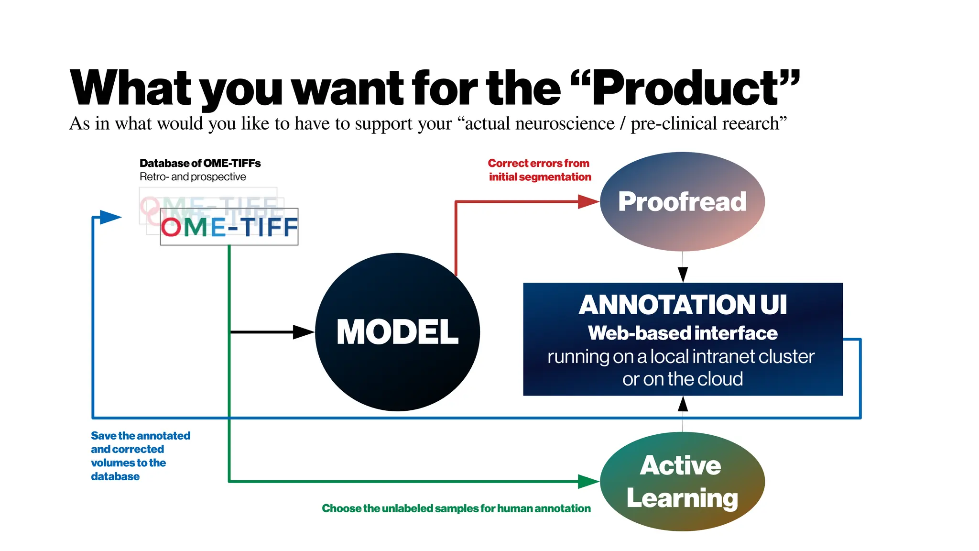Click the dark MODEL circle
(x=397, y=332)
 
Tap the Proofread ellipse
(x=682, y=201)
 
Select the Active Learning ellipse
(x=682, y=481)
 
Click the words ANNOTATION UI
(x=683, y=305)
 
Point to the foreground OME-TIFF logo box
(x=229, y=227)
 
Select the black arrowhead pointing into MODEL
(x=303, y=332)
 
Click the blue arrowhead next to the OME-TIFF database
(x=110, y=217)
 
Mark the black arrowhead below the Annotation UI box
(x=683, y=404)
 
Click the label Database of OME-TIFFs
(x=200, y=163)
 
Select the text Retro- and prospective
(x=193, y=177)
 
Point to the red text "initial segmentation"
(x=540, y=177)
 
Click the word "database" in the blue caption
(x=115, y=476)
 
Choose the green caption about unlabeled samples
(x=456, y=508)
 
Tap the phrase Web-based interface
(x=683, y=333)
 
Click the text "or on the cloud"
(x=683, y=379)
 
